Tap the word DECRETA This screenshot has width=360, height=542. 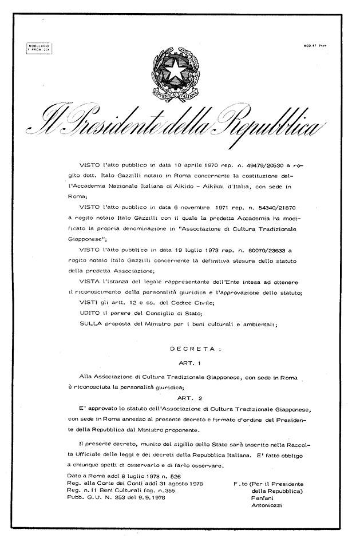coord(192,348)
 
